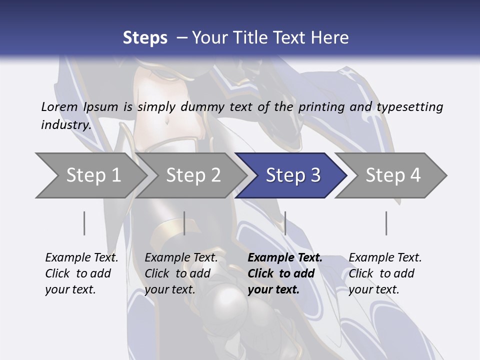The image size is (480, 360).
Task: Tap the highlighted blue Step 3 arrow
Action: [x=293, y=175]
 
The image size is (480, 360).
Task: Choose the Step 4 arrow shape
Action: [x=393, y=175]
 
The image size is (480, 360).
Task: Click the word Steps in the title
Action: [x=145, y=37]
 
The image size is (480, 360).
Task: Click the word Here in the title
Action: [x=329, y=37]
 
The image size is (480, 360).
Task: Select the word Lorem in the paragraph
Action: [x=59, y=106]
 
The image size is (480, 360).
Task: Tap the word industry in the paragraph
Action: [x=66, y=124]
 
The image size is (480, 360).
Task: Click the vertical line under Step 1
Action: [x=84, y=223]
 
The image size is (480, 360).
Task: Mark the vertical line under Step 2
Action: [x=184, y=223]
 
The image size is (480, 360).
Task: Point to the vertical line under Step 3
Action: [x=285, y=223]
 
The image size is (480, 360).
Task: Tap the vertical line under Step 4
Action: [x=386, y=223]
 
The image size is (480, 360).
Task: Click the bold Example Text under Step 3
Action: [x=285, y=258]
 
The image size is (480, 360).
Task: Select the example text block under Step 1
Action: [x=81, y=273]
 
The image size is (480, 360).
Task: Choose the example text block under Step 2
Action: [x=181, y=273]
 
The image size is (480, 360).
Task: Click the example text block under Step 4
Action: [x=385, y=273]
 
